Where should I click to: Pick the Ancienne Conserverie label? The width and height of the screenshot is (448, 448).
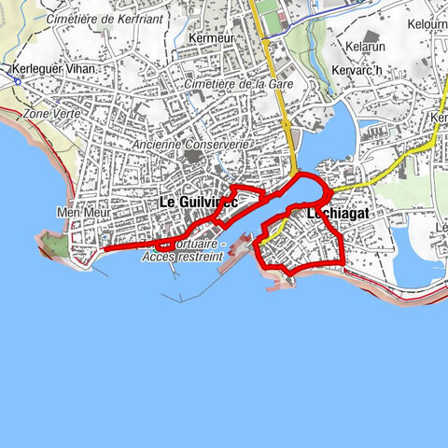[190, 145]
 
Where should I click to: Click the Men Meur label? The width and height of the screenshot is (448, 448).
[82, 213]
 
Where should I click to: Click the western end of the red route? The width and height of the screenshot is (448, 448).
[103, 249]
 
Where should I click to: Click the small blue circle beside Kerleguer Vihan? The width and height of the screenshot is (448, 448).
[17, 80]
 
